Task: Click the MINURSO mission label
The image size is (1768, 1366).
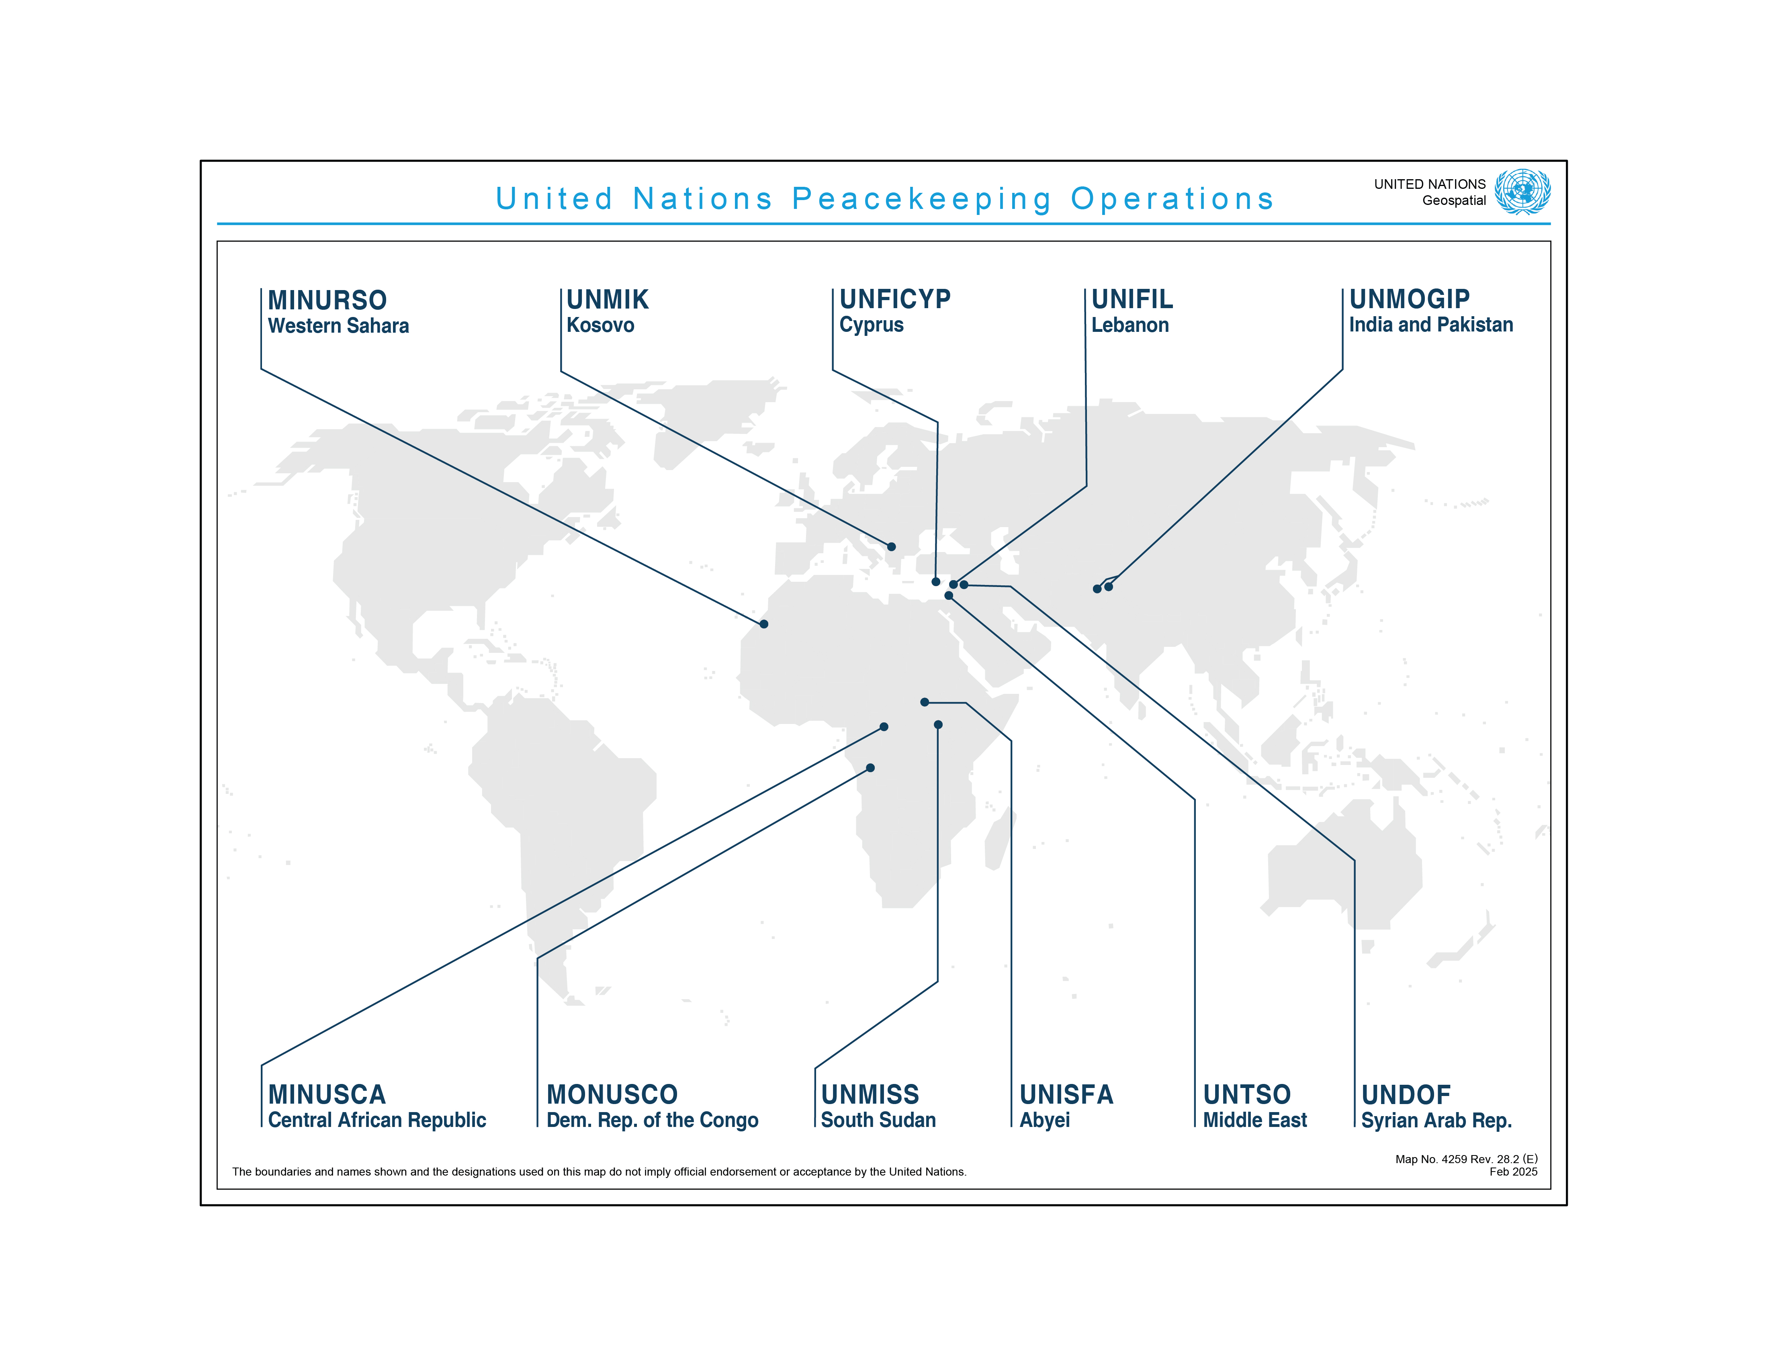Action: tap(327, 300)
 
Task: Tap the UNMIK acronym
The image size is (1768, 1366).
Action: tap(607, 299)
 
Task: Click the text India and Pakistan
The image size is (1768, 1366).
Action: tap(1430, 325)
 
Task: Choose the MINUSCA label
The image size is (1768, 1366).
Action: tap(327, 1094)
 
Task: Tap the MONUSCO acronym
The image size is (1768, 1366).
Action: tap(612, 1094)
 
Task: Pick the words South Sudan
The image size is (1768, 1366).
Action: tap(878, 1120)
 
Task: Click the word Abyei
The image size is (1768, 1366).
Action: tap(1044, 1120)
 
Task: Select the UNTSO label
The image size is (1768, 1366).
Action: tap(1247, 1094)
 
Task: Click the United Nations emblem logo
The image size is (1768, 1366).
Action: tap(1522, 192)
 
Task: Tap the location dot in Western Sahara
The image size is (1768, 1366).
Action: tap(763, 624)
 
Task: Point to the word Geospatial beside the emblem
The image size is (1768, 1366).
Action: tap(1454, 201)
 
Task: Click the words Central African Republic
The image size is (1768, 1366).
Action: tap(377, 1120)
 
